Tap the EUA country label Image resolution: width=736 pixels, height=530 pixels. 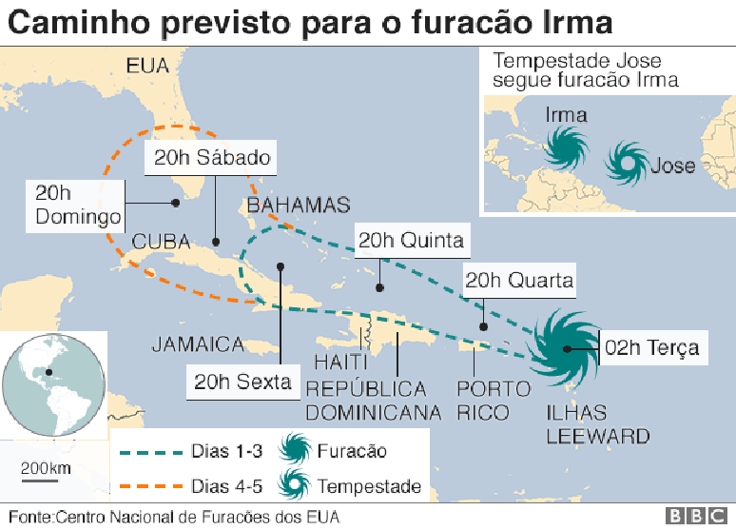(146, 66)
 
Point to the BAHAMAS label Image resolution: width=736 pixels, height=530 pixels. (298, 206)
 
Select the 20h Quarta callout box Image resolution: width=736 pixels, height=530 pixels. (519, 281)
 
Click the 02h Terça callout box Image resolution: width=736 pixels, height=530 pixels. (651, 347)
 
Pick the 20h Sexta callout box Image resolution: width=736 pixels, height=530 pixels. (242, 383)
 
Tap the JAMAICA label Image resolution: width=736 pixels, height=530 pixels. (198, 344)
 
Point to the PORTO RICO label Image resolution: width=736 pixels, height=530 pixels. (493, 401)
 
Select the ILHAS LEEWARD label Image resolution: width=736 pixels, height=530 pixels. (597, 425)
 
